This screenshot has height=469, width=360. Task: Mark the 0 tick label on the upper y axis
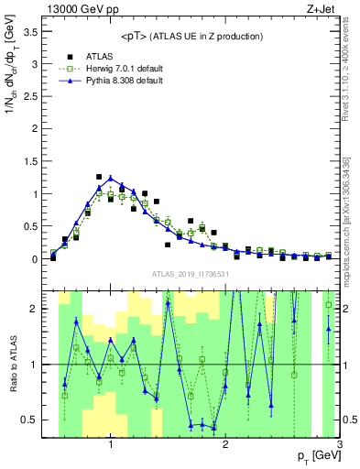36,259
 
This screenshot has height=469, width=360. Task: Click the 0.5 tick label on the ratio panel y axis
30,420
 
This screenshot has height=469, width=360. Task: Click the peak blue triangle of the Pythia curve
111,178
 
